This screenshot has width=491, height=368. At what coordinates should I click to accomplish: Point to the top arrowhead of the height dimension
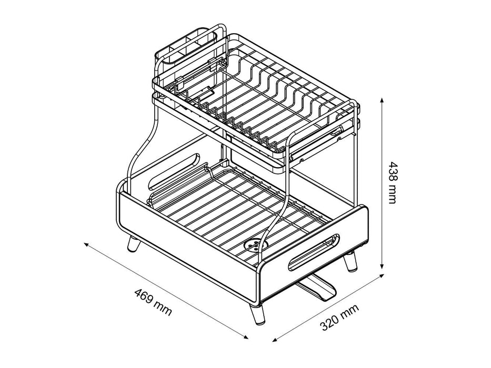click(382, 101)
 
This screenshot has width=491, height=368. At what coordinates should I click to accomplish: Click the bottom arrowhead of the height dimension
click(382, 265)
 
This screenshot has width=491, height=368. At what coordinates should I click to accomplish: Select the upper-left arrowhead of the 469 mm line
click(87, 244)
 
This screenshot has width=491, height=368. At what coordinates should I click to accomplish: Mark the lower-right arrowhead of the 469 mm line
click(245, 336)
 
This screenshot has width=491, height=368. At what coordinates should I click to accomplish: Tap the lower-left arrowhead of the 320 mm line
click(276, 340)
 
